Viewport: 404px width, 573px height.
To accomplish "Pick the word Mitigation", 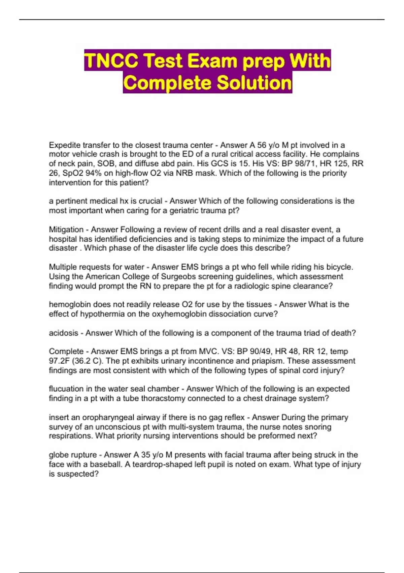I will [x=66, y=230].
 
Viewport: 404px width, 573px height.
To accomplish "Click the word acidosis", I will [x=64, y=333].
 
